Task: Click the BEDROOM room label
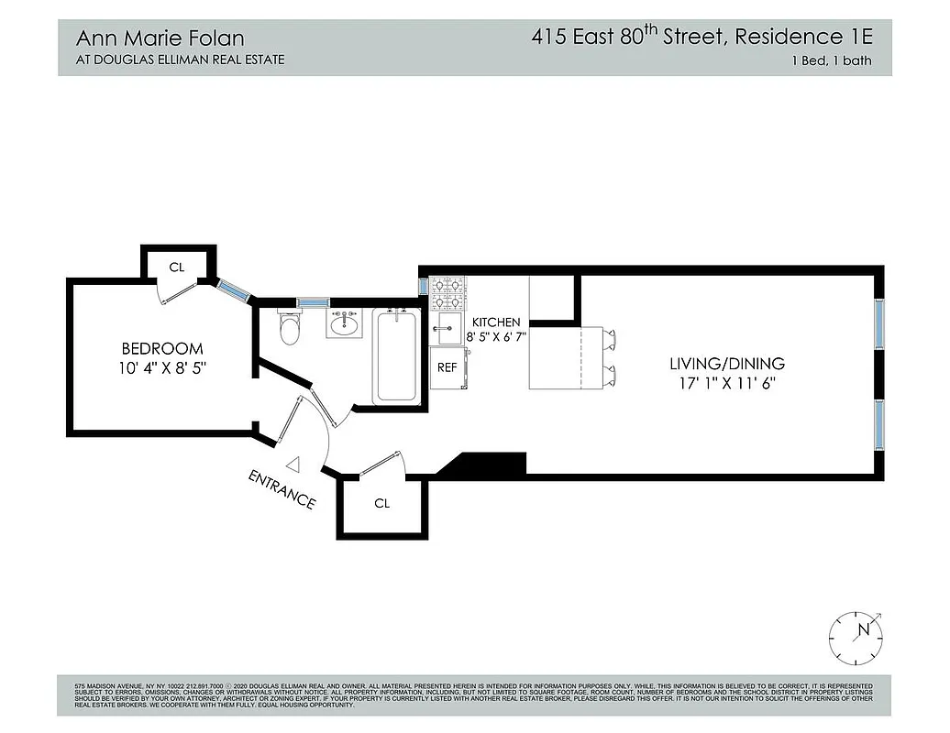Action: pos(162,348)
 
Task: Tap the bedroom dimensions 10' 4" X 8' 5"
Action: pos(162,367)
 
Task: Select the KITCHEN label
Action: pos(496,323)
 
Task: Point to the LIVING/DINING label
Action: pos(727,364)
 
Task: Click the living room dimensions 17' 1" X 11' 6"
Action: pos(727,383)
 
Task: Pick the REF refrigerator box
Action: pos(447,367)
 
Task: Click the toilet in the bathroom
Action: pos(290,329)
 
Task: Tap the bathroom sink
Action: pos(345,324)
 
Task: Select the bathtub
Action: pos(396,356)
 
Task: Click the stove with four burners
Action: pos(447,293)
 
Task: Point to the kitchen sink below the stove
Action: pos(447,327)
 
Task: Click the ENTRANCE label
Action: pos(282,489)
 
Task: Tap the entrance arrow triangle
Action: pos(293,465)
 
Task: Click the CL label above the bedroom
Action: pos(178,268)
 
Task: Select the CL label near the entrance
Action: pos(382,503)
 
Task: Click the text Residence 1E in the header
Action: pos(812,38)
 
